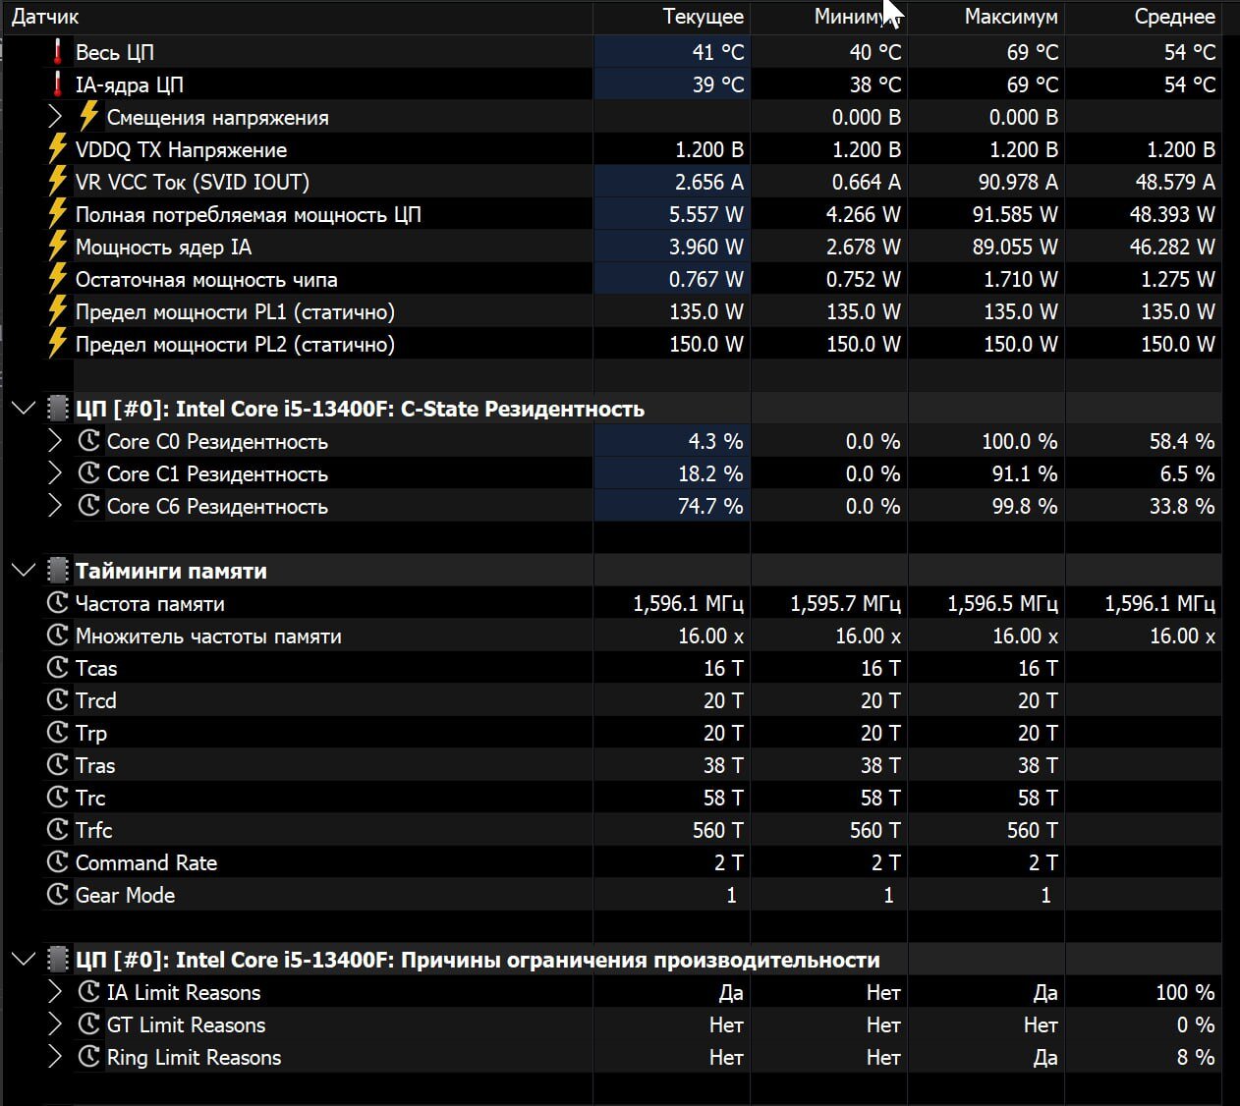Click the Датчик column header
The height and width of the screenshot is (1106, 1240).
tap(45, 17)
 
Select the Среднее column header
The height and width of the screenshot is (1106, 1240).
tap(1174, 17)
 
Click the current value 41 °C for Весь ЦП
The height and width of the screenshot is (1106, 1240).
tap(717, 52)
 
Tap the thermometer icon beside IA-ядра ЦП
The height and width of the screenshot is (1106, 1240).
tap(58, 84)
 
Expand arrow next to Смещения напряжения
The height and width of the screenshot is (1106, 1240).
tap(55, 117)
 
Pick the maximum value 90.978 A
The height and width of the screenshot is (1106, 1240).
tap(1015, 182)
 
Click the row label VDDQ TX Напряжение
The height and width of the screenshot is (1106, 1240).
tap(181, 149)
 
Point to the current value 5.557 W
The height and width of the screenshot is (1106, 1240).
tap(705, 214)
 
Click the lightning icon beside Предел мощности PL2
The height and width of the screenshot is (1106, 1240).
tap(58, 344)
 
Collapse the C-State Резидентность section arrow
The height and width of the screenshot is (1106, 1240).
tap(23, 409)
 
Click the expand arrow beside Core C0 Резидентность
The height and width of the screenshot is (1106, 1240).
tap(55, 441)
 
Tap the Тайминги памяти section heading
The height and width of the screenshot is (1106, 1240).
tap(171, 571)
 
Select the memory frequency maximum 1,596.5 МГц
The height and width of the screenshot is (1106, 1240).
tap(1002, 603)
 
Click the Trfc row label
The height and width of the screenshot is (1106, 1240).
tap(94, 830)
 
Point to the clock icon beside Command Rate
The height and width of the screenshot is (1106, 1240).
tap(58, 862)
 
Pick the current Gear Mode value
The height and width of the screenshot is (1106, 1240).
tap(731, 895)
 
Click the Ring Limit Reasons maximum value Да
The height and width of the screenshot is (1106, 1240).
tap(1045, 1057)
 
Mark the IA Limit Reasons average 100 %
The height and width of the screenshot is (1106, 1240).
tap(1184, 992)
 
